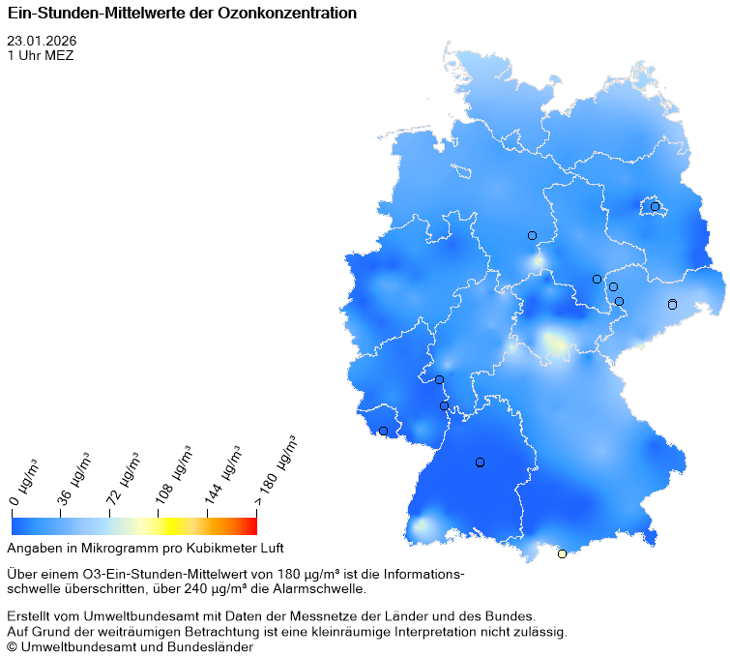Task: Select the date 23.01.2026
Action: [42, 41]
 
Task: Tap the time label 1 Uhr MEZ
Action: [40, 55]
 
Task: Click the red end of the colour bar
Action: [251, 525]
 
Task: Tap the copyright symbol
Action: [13, 647]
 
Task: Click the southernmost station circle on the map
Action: [562, 553]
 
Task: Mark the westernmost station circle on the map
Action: [383, 431]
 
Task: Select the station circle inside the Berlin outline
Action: [655, 206]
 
